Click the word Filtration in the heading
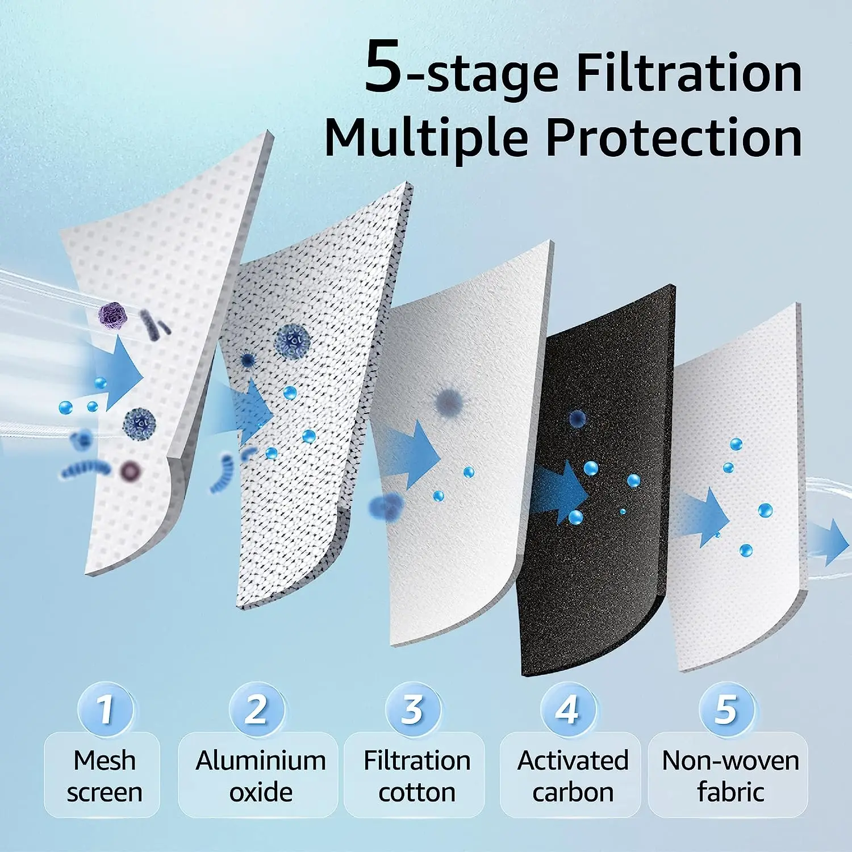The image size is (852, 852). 688,74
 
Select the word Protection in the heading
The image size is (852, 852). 674,138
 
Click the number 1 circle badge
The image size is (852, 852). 105,709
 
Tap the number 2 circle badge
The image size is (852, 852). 256,709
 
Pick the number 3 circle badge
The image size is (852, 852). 412,709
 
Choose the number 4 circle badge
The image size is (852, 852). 567,709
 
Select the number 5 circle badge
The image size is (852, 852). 726,709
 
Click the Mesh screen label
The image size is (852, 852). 104,776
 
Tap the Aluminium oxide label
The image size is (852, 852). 260,776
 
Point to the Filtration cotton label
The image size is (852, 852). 416,776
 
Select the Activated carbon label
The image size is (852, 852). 573,776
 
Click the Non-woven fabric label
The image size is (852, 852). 730,776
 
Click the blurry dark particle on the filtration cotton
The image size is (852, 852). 449,401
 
